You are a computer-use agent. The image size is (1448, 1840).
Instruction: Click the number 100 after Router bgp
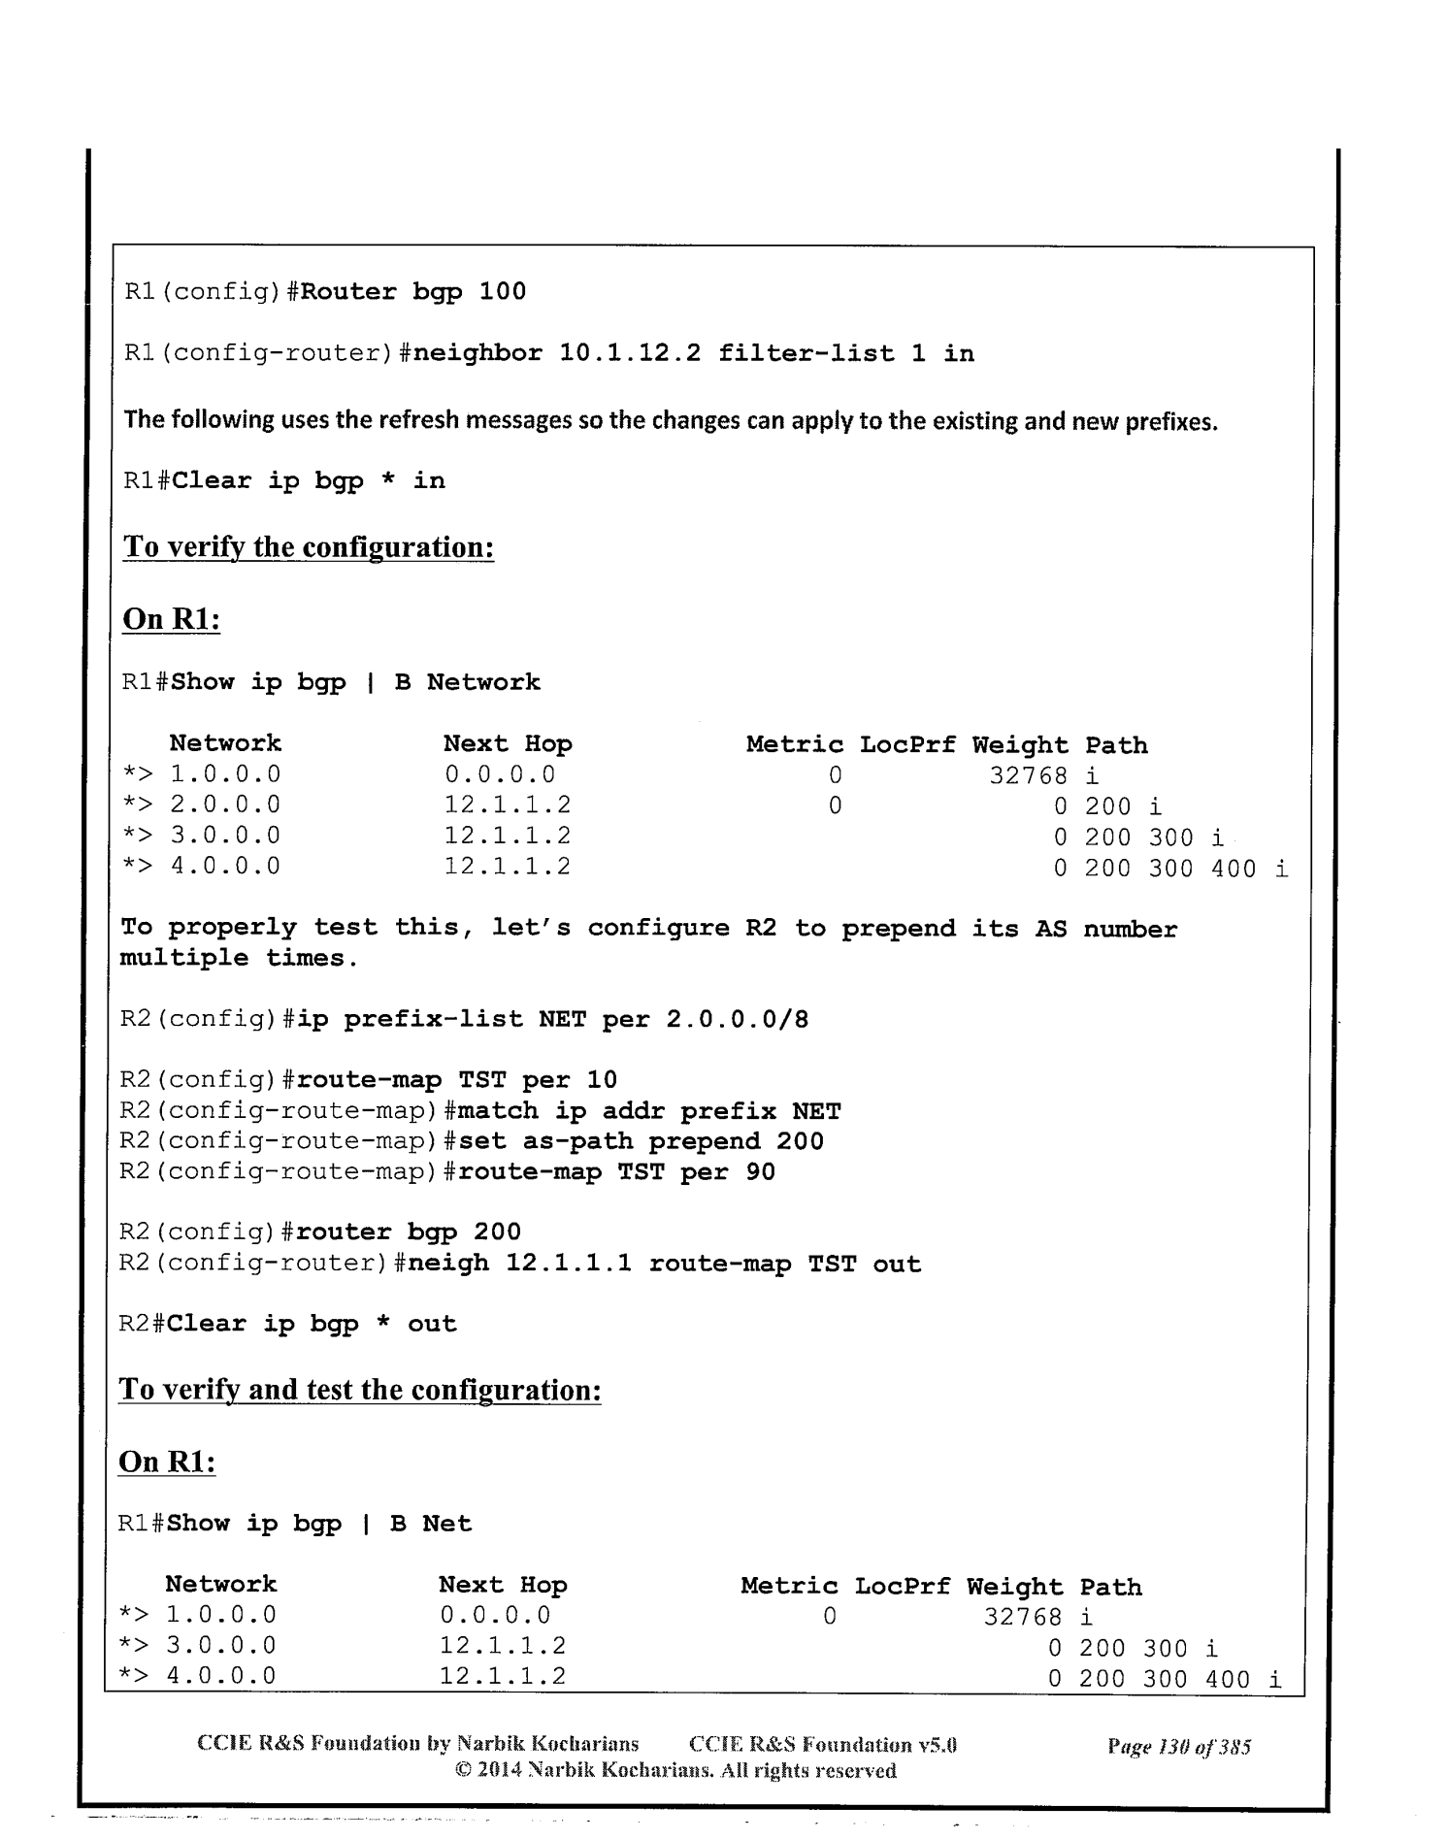tap(503, 292)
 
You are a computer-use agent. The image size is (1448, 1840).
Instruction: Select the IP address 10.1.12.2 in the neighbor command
tap(630, 353)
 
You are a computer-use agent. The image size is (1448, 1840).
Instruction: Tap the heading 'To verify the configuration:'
tap(309, 547)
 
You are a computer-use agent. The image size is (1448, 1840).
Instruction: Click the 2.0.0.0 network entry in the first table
tap(225, 805)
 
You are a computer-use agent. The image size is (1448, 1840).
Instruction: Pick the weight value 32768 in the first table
tap(1028, 775)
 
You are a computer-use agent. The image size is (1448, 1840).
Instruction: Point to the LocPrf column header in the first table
tap(907, 745)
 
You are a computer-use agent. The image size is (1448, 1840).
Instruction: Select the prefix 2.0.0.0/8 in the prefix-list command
tap(738, 1020)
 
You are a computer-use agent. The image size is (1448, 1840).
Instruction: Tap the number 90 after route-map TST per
tap(761, 1172)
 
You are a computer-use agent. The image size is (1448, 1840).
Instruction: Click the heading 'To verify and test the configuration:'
tap(360, 1390)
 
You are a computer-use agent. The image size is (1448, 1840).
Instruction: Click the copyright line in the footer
tap(675, 1771)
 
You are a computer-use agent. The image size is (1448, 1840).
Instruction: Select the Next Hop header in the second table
tap(503, 1586)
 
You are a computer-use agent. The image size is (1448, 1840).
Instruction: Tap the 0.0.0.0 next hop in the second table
tap(495, 1616)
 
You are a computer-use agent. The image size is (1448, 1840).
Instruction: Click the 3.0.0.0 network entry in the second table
tap(221, 1646)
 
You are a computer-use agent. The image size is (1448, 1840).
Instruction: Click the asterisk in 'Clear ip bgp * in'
tap(388, 481)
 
